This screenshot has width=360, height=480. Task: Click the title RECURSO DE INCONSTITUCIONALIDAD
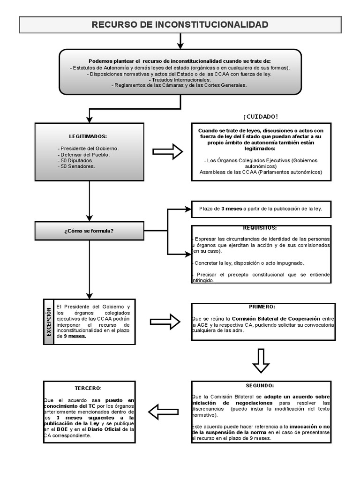(x=180, y=24)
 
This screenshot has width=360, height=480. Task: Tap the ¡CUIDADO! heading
(x=260, y=116)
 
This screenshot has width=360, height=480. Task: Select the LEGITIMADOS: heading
(x=88, y=136)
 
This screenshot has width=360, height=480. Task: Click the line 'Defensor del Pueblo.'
(x=83, y=154)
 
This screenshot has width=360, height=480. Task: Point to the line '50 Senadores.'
(x=77, y=166)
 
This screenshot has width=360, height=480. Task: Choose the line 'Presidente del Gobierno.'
(x=88, y=148)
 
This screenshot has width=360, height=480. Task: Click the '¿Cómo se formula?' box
(x=89, y=231)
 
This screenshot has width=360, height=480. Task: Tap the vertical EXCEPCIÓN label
(x=48, y=322)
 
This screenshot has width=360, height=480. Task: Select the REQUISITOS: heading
(x=260, y=228)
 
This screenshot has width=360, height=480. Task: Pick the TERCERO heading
(x=88, y=388)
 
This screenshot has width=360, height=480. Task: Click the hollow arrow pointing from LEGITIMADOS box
(x=167, y=151)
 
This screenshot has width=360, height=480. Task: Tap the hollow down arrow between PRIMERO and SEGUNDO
(x=261, y=360)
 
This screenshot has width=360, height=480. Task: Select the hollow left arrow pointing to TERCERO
(x=167, y=412)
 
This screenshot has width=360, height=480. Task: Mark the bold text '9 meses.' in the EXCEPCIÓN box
(x=75, y=336)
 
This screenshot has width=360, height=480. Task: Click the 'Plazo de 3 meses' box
(x=261, y=209)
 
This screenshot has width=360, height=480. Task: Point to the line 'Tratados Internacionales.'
(x=180, y=80)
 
